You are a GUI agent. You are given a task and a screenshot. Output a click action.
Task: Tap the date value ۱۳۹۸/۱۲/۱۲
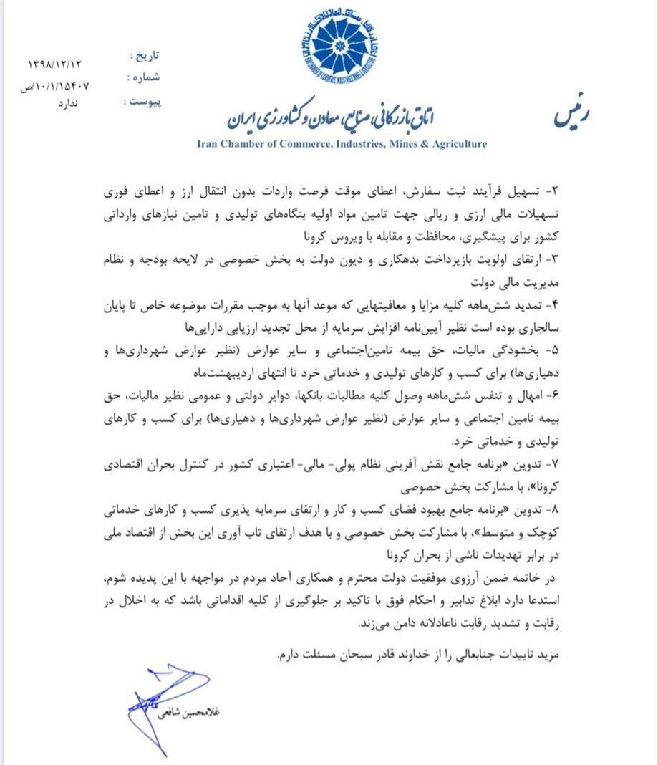[54, 64]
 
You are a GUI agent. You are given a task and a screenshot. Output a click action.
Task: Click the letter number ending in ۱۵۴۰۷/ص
[56, 85]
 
